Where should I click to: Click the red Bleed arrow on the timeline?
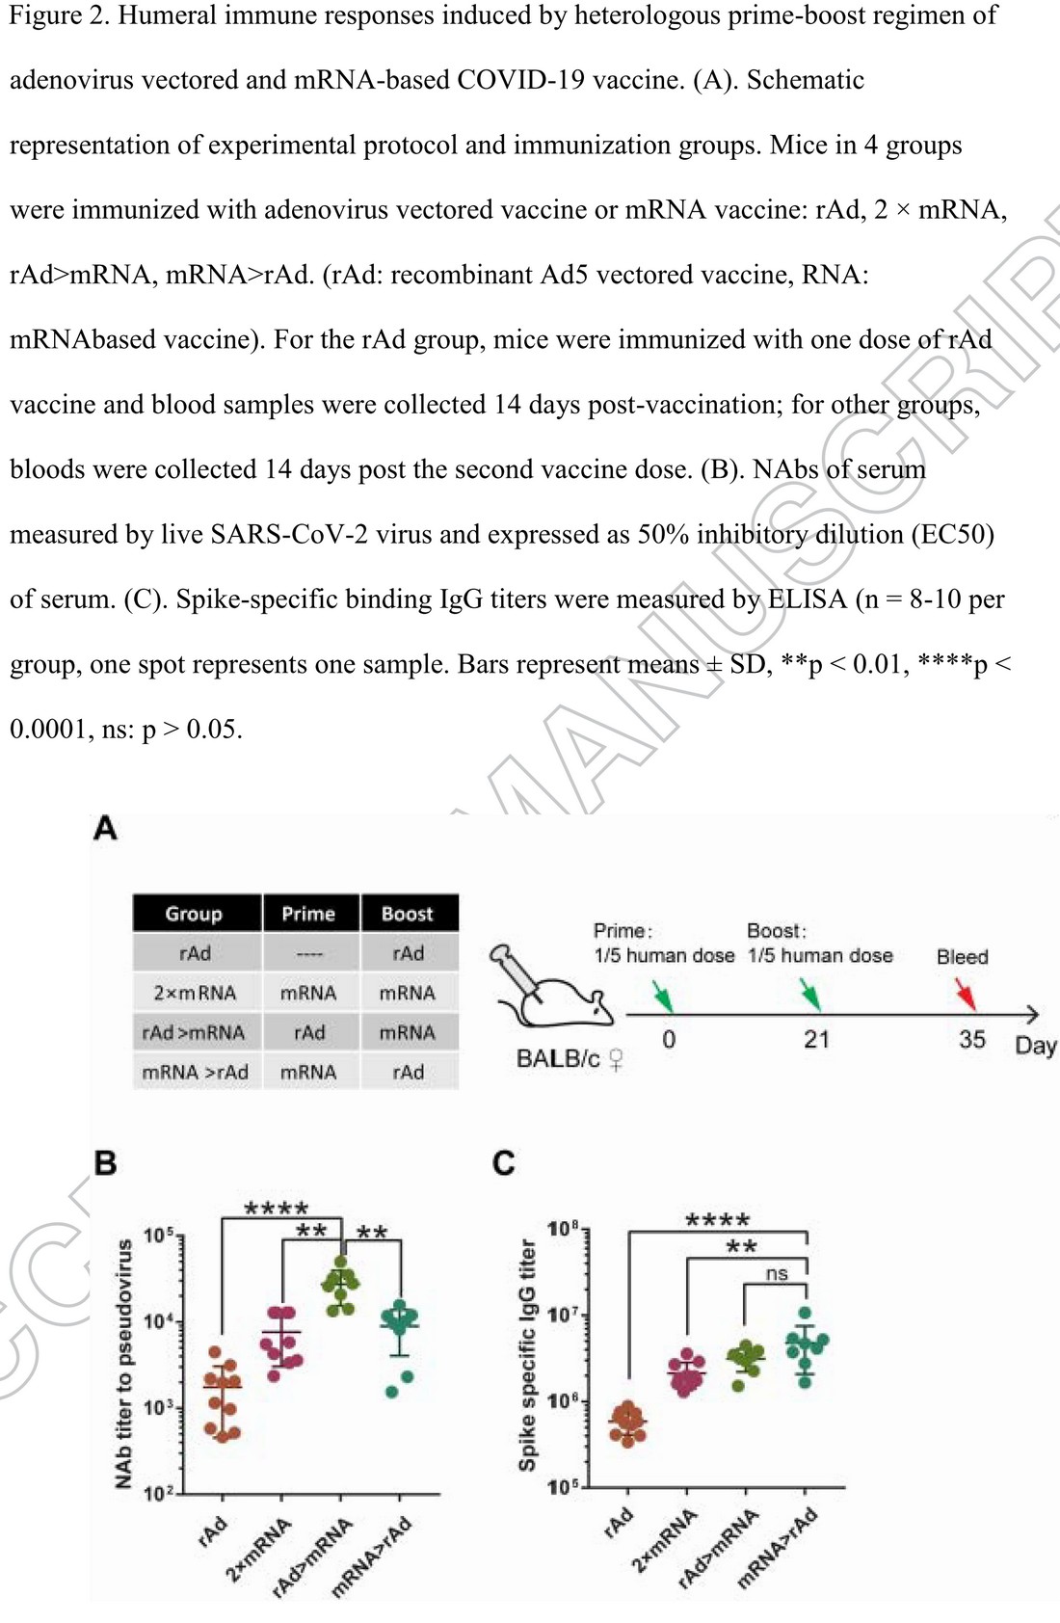coord(966,995)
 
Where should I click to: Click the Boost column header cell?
coord(409,913)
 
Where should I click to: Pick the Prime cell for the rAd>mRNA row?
coord(310,1032)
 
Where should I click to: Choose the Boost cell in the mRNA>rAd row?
coord(409,1072)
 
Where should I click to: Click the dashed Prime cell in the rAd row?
coord(310,953)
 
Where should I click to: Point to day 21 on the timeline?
coord(816,1040)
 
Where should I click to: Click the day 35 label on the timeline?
coord(972,1040)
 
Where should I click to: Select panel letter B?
coord(106,1163)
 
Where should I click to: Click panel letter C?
coord(504,1163)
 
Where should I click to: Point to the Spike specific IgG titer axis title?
coord(527,1356)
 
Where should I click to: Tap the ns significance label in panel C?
coord(776,1273)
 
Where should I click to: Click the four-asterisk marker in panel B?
coord(276,1208)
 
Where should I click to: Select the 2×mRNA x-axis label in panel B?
coord(259,1550)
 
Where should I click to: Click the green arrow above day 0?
coord(663,996)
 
